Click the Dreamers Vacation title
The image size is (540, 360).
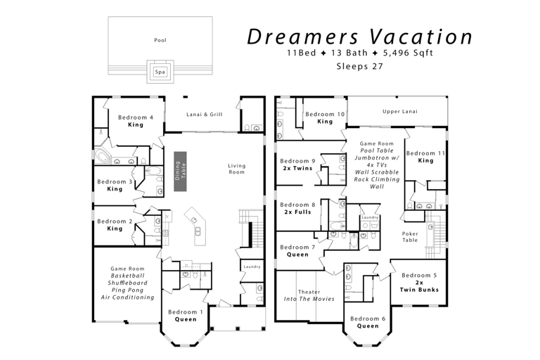(x=359, y=37)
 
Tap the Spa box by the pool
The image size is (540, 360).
(x=160, y=72)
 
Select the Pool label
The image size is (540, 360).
(x=160, y=40)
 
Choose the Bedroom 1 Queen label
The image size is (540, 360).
(x=186, y=315)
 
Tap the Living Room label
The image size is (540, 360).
(x=237, y=169)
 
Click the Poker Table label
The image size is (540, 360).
(x=410, y=236)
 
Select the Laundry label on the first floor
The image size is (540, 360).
(x=251, y=266)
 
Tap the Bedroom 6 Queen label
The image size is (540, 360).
(x=368, y=322)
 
